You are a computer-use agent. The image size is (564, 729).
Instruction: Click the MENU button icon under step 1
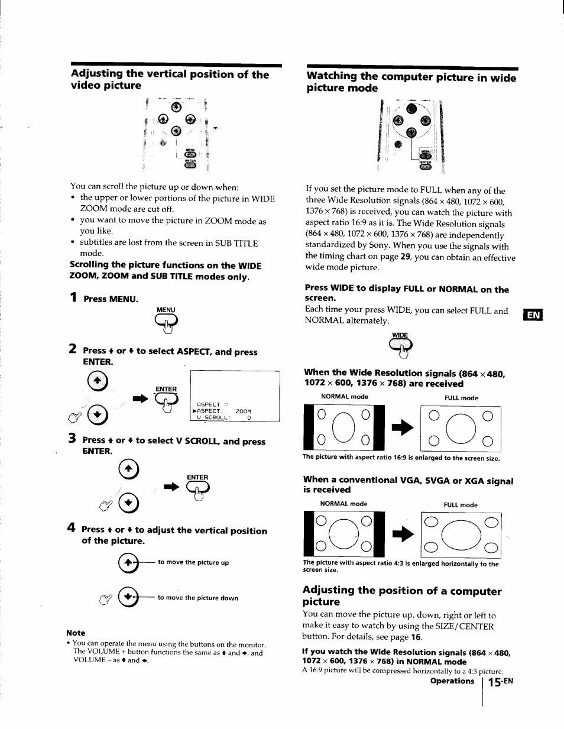click(166, 321)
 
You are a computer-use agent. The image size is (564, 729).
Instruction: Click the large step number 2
click(72, 349)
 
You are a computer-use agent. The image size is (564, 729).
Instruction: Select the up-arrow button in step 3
click(128, 470)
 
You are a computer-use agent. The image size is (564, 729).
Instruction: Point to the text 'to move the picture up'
click(193, 562)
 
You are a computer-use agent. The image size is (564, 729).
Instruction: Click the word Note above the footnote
click(76, 633)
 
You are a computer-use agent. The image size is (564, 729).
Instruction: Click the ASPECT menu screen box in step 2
click(235, 396)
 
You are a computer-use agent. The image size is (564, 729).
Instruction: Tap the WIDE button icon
click(401, 346)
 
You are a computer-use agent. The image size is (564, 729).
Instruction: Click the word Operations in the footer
click(452, 681)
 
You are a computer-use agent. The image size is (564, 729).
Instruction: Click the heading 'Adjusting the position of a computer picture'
click(401, 596)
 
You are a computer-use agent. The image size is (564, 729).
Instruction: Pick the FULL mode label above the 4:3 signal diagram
click(461, 505)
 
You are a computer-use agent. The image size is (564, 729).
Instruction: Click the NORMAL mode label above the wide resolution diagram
click(344, 397)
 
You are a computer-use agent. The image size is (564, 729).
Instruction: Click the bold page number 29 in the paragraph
click(405, 257)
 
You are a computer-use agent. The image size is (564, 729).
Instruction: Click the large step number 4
click(72, 527)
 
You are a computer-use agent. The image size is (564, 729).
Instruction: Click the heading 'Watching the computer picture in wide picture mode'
click(411, 82)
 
